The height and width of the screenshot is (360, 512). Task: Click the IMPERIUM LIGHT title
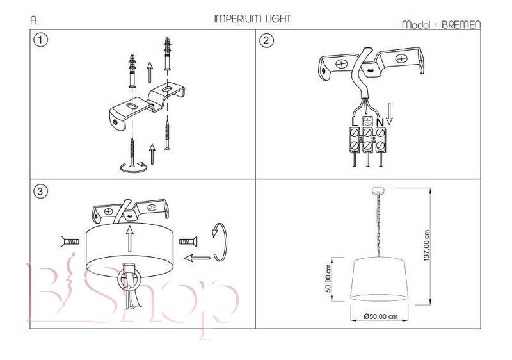pos(252,19)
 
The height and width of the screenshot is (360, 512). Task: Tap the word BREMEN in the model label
pos(461,25)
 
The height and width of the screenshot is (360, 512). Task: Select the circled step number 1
pos(40,40)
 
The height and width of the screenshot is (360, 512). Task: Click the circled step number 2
pos(266,40)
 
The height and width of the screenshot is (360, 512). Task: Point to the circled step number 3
pos(40,191)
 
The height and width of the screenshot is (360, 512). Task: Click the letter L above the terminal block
pos(355,122)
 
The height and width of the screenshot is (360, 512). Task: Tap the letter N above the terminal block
pos(380,122)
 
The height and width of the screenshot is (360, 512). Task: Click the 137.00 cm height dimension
pos(426,246)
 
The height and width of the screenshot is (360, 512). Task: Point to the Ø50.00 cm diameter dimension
pos(380,316)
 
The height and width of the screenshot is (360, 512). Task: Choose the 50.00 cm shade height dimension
pos(328,279)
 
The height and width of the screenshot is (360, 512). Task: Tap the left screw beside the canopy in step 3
pos(70,241)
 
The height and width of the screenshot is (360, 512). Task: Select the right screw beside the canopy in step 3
pos(188,241)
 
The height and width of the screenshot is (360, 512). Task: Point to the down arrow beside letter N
pos(389,114)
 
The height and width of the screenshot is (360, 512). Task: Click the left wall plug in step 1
pos(132,71)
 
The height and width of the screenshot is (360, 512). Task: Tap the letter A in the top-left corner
pos(34,20)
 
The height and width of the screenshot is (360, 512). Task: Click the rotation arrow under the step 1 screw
pos(133,168)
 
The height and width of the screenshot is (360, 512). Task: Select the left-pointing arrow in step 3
pos(197,258)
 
